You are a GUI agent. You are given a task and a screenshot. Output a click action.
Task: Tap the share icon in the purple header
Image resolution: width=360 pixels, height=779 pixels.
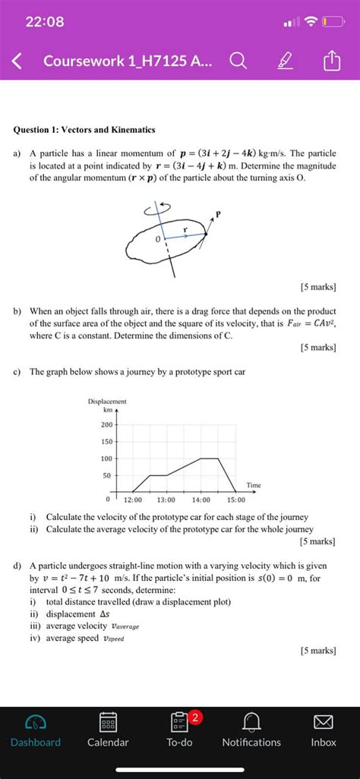click(333, 60)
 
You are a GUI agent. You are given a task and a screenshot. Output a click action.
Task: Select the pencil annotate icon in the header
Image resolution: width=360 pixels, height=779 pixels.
click(287, 60)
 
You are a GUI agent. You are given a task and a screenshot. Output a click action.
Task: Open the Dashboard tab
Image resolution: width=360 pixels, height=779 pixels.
click(35, 730)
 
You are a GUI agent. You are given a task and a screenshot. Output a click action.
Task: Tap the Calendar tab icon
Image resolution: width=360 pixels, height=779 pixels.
click(108, 722)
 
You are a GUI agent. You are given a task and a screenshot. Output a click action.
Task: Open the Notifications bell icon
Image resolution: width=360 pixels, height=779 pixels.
click(251, 722)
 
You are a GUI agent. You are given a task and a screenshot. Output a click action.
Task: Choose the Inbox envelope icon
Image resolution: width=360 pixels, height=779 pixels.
click(324, 722)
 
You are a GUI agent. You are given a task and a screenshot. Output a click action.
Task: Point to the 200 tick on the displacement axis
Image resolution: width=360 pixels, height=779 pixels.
click(107, 424)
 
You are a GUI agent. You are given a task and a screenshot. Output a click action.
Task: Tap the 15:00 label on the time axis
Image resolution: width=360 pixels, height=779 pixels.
click(235, 500)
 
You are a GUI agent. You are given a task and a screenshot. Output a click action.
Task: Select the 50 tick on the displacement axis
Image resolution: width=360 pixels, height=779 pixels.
click(107, 475)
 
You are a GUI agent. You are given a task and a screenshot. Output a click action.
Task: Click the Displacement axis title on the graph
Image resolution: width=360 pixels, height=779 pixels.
click(107, 401)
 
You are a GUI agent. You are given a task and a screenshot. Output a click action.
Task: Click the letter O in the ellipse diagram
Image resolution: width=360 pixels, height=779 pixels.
click(157, 240)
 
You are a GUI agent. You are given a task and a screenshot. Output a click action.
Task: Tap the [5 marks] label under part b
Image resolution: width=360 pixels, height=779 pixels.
click(317, 348)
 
